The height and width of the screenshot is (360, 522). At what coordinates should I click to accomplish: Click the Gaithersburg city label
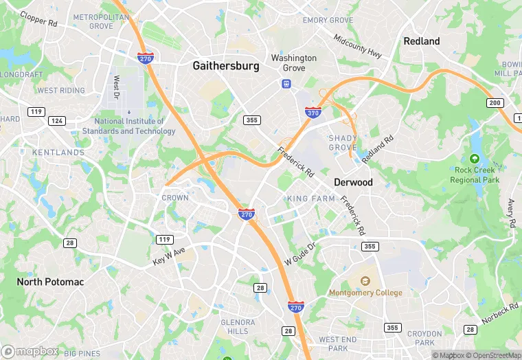point(226,66)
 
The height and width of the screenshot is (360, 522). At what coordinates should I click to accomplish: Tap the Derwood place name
point(353,182)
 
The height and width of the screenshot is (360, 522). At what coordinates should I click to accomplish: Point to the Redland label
point(421,41)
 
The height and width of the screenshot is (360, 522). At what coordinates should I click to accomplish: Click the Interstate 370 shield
point(313,112)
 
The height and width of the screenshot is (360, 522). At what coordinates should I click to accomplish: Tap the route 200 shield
point(495,102)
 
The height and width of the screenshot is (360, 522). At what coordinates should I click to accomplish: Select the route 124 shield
point(57,121)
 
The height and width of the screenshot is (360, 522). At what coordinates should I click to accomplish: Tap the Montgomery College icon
point(365,282)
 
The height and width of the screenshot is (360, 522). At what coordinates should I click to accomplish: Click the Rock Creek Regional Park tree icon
point(475,159)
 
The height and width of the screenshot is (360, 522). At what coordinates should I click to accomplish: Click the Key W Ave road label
point(169,256)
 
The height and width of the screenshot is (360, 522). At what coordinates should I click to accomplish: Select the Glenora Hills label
point(238,326)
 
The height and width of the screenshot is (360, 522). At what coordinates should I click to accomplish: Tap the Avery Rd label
point(511,214)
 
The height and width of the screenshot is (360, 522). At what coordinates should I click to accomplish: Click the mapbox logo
point(31,351)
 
